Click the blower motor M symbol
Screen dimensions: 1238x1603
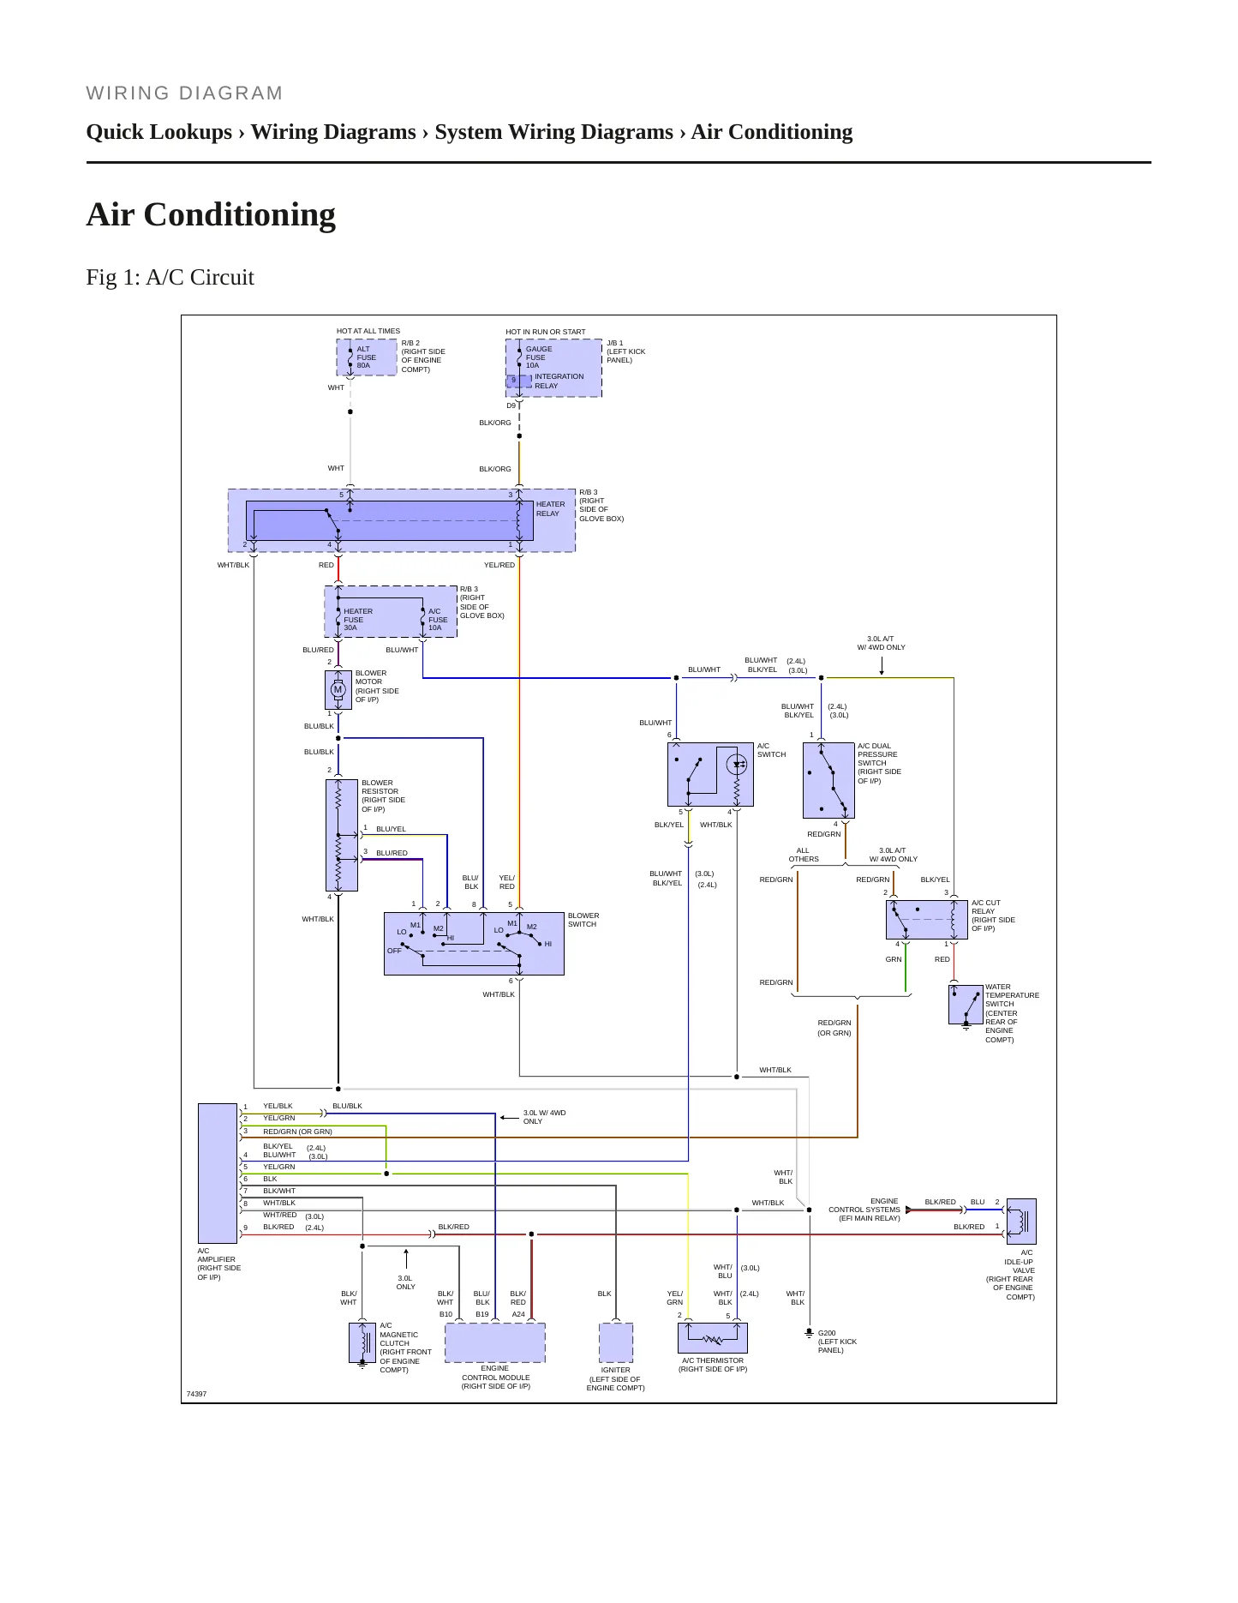click(x=338, y=689)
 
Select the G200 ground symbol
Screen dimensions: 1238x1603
click(x=809, y=1334)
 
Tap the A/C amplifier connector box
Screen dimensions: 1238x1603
click(x=218, y=1173)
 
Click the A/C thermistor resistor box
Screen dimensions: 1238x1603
click(x=713, y=1338)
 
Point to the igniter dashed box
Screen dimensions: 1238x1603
click(x=616, y=1342)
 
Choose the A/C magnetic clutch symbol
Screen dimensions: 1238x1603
click(x=362, y=1342)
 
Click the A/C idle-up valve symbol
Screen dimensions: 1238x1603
click(x=1021, y=1221)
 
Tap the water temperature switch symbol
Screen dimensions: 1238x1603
click(x=966, y=1005)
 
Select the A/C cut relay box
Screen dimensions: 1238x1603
click(x=926, y=920)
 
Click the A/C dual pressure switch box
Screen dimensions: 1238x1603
click(x=828, y=780)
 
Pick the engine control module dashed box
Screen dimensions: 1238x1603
click(x=495, y=1342)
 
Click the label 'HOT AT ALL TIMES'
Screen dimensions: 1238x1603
click(x=368, y=331)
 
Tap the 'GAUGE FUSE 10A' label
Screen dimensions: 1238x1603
click(x=539, y=357)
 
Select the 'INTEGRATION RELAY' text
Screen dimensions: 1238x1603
click(x=559, y=381)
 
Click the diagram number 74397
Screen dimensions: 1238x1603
click(x=197, y=1394)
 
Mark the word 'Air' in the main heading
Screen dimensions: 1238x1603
click(x=111, y=214)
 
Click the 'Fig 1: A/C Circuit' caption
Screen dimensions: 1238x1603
click(x=170, y=277)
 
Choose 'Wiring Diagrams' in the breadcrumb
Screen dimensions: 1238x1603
click(x=333, y=132)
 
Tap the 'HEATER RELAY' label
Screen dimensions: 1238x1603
click(x=551, y=509)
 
